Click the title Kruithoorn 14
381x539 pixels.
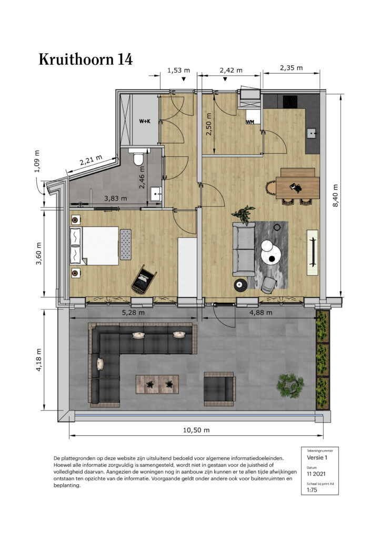(86, 59)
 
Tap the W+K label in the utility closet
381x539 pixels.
(145, 121)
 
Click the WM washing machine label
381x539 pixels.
(250, 122)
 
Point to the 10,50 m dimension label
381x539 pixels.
(196, 430)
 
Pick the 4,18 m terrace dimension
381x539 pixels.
(38, 360)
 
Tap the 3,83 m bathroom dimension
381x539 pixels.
(115, 198)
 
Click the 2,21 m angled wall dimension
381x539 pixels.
(91, 161)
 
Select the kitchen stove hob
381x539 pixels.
(290, 101)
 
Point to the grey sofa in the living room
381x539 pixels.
(244, 249)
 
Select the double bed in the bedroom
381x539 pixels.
(95, 245)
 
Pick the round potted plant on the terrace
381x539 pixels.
(290, 385)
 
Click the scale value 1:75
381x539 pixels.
(312, 490)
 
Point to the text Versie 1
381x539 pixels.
(317, 457)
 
